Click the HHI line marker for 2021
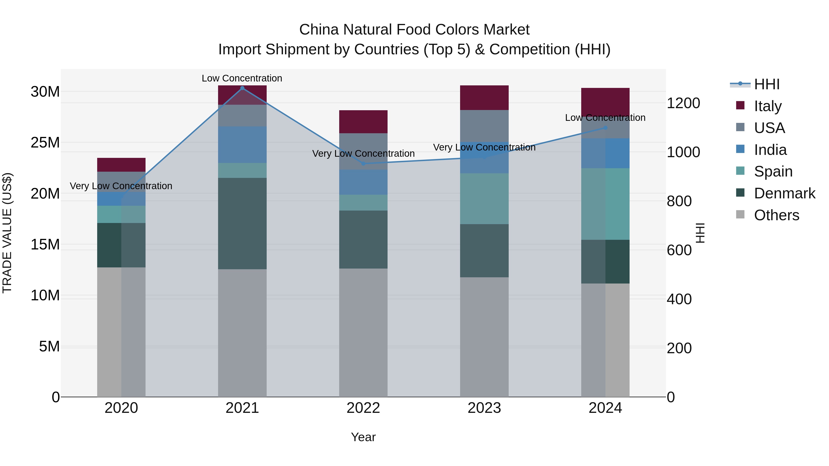tap(242, 88)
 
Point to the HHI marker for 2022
tap(363, 164)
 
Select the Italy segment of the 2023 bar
tap(484, 98)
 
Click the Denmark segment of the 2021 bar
tap(242, 223)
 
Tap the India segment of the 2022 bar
tap(363, 182)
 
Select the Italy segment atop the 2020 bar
tap(121, 165)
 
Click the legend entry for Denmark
tap(784, 193)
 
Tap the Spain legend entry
tap(773, 171)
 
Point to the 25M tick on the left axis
tap(45, 142)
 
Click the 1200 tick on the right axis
tap(683, 103)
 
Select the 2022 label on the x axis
tap(363, 408)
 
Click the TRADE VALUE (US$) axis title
tap(7, 233)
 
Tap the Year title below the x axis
tap(363, 437)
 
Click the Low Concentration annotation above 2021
tap(242, 78)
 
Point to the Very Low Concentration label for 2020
tap(121, 186)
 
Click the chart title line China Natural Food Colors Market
tap(414, 30)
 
